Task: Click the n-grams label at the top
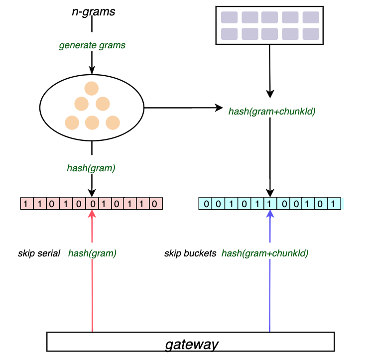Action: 93,11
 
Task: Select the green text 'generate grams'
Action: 92,45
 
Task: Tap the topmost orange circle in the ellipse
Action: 92,89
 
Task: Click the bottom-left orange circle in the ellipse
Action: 72,122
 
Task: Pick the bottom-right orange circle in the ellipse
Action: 113,122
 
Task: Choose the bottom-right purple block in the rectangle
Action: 310,34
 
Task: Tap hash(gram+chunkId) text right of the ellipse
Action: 271,112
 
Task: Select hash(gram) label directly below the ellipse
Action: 91,168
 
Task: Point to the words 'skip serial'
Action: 39,253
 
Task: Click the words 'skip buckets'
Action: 190,253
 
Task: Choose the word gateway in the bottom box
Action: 192,344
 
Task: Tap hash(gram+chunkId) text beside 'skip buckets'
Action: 264,253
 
